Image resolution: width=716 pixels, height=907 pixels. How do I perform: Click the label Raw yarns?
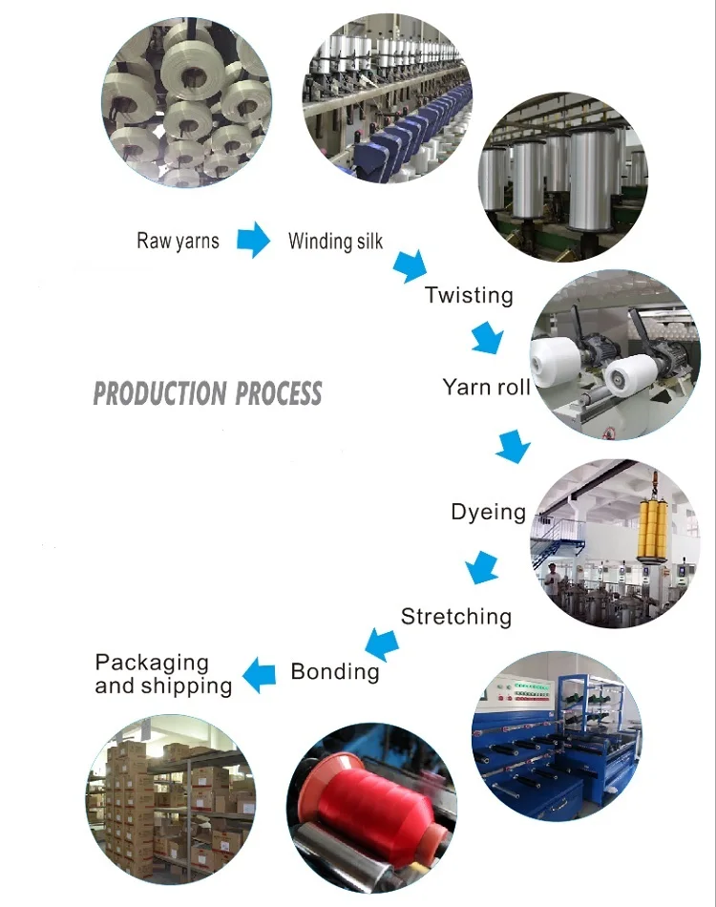pos(178,241)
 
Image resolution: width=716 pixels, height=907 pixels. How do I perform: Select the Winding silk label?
pos(335,241)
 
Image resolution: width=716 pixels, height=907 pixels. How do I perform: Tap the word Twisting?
pos(469,295)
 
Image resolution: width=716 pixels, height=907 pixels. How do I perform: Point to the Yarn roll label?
pos(486,387)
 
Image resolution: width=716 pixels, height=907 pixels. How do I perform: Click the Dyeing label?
pos(488,513)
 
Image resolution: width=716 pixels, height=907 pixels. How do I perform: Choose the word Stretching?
pos(455,617)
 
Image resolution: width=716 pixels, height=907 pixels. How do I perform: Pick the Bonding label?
pos(334,671)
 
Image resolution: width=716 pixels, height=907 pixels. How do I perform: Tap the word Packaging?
pos(152,663)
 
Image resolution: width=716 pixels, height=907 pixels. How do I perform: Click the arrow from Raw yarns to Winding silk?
pos(253,240)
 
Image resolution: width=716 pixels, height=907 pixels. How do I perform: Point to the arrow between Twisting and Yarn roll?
pos(487,337)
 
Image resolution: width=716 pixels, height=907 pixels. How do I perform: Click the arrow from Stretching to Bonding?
pos(381,643)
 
